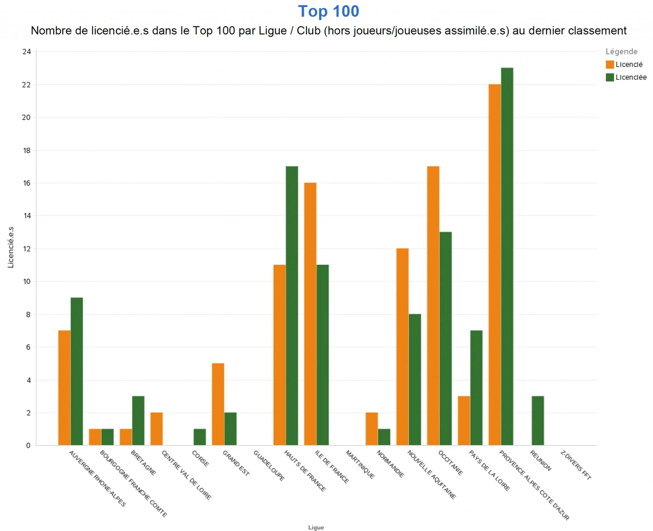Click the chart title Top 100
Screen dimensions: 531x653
coord(328,11)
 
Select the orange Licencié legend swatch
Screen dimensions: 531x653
coord(610,64)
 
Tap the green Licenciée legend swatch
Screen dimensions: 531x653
coord(610,77)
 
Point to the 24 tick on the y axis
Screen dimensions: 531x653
coord(27,52)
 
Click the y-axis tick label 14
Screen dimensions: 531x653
coord(27,216)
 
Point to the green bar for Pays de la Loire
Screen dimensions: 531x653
coord(476,388)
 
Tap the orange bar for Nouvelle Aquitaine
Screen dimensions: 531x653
coord(402,347)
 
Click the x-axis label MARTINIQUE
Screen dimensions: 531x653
coord(360,464)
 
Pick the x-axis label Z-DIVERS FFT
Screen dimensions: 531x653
coord(576,465)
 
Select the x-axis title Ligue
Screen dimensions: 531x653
coord(316,527)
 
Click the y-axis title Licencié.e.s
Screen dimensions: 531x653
coord(11,247)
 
